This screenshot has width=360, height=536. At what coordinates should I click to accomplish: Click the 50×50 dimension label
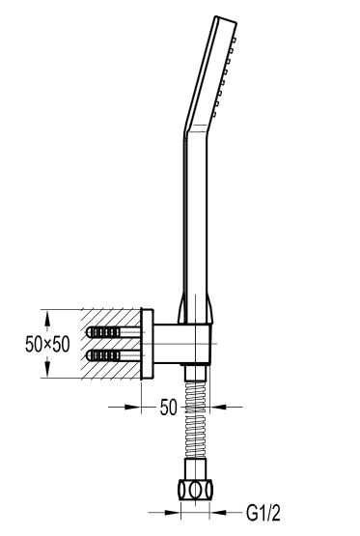click(47, 344)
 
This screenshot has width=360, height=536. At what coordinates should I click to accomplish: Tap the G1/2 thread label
click(263, 513)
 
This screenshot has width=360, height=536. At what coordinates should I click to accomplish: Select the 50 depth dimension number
click(169, 408)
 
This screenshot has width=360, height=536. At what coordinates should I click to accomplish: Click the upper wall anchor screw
click(114, 332)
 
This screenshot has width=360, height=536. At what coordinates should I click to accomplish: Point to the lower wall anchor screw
click(114, 355)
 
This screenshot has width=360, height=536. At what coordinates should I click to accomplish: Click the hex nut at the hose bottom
click(195, 490)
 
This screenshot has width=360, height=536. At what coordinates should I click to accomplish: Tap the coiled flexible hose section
click(195, 420)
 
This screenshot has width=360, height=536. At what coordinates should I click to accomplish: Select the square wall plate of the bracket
click(147, 344)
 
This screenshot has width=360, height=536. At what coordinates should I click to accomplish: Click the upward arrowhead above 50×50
click(47, 321)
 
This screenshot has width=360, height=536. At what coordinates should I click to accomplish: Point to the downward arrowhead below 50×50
click(47, 368)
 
